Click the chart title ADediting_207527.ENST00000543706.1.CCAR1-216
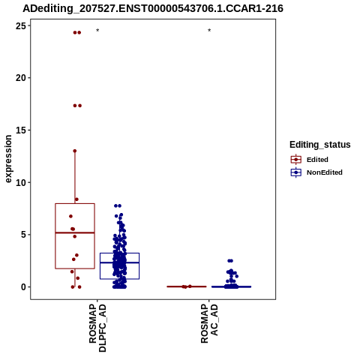pos(153,8)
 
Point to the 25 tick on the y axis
pos(21,25)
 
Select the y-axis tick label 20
pos(21,78)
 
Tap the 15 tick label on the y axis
pos(21,130)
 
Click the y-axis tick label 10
pos(21,182)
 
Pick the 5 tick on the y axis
pos(24,235)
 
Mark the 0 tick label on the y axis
pos(24,287)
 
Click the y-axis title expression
pos(8,159)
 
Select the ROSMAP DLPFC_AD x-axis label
pos(97,328)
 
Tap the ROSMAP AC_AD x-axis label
pos(209,324)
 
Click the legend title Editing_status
pos(320,145)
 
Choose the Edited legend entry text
pos(317,160)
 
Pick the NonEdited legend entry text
pos(325,172)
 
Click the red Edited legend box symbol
pos(296,160)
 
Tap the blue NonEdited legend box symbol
pos(296,172)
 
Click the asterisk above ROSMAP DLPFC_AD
pos(97,30)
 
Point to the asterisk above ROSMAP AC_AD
pos(209,30)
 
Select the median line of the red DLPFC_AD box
pos(75,232)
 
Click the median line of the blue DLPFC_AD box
pos(120,262)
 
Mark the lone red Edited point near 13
pos(75,151)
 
